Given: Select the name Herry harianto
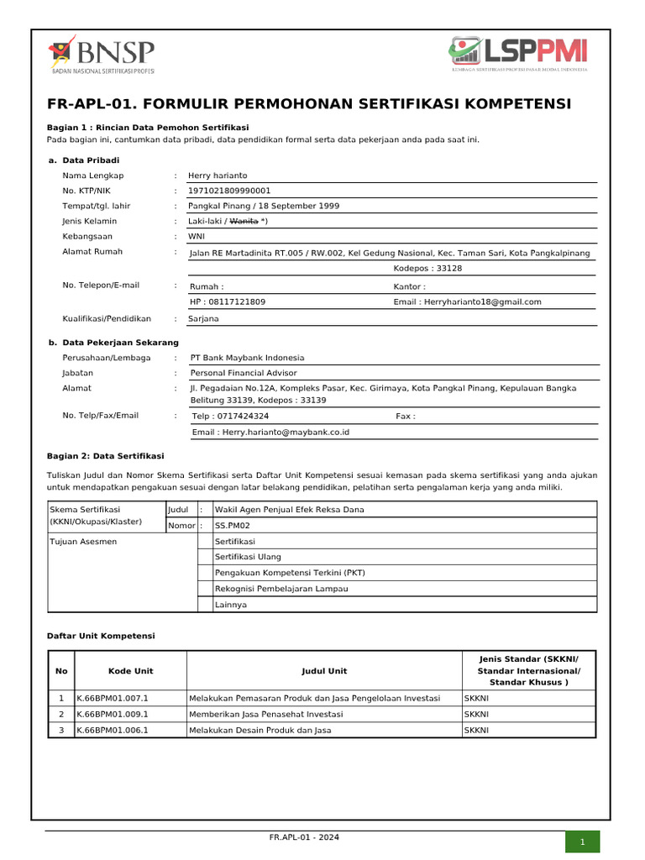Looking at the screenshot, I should click(218, 176).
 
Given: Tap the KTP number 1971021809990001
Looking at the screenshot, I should click(229, 191).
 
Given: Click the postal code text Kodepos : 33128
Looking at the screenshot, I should click(427, 269).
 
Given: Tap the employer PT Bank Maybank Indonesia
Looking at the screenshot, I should click(247, 358).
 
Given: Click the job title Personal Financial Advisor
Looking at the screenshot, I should click(244, 373).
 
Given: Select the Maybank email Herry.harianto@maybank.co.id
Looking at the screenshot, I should click(270, 433).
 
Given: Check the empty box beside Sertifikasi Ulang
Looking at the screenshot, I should click(203, 557).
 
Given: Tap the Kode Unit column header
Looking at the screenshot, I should click(130, 671).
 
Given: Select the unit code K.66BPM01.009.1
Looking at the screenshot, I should click(112, 715).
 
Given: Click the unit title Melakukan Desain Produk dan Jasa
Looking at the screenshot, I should click(260, 731).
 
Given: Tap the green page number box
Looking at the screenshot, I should click(580, 842).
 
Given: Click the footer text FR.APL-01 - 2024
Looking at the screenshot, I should click(305, 838).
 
